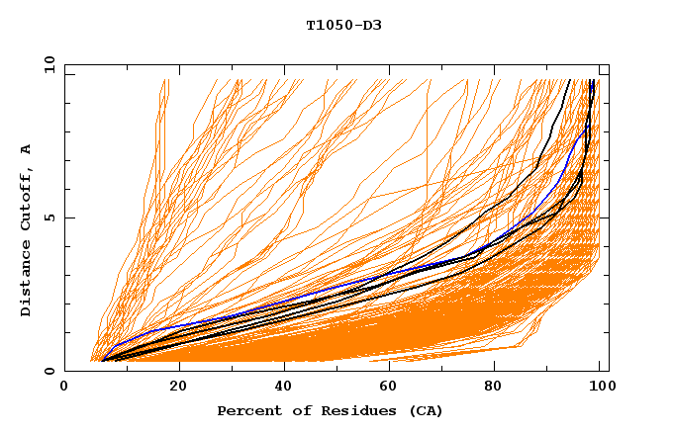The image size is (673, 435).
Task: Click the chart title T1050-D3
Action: [x=343, y=25]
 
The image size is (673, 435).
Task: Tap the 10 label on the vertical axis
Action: [x=47, y=64]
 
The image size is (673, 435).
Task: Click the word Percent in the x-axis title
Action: [x=246, y=410]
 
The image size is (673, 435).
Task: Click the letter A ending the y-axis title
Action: [x=27, y=148]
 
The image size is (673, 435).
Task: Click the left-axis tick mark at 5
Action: [x=68, y=217]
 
